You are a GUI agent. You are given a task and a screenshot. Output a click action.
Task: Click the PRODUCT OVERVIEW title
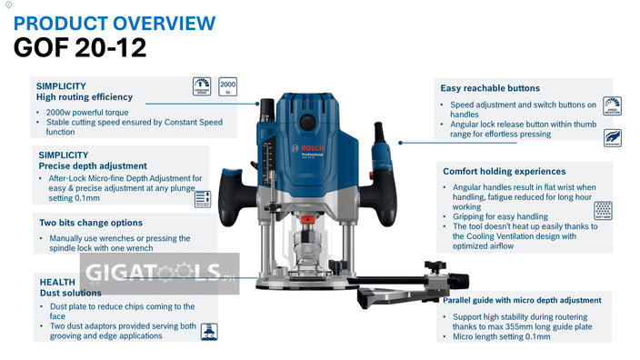tap(115, 23)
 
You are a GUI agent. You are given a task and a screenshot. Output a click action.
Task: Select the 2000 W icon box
tap(226, 86)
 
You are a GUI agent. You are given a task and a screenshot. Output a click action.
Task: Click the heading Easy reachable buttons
tap(490, 88)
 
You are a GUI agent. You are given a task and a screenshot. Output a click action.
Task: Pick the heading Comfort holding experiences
tap(505, 171)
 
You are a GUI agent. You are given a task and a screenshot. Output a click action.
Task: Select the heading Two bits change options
tap(91, 223)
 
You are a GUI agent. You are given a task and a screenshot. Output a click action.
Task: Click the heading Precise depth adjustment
tap(92, 166)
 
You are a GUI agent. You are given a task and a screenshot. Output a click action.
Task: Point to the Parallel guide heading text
tap(522, 300)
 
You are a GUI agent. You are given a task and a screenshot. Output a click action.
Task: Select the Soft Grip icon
tap(601, 210)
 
